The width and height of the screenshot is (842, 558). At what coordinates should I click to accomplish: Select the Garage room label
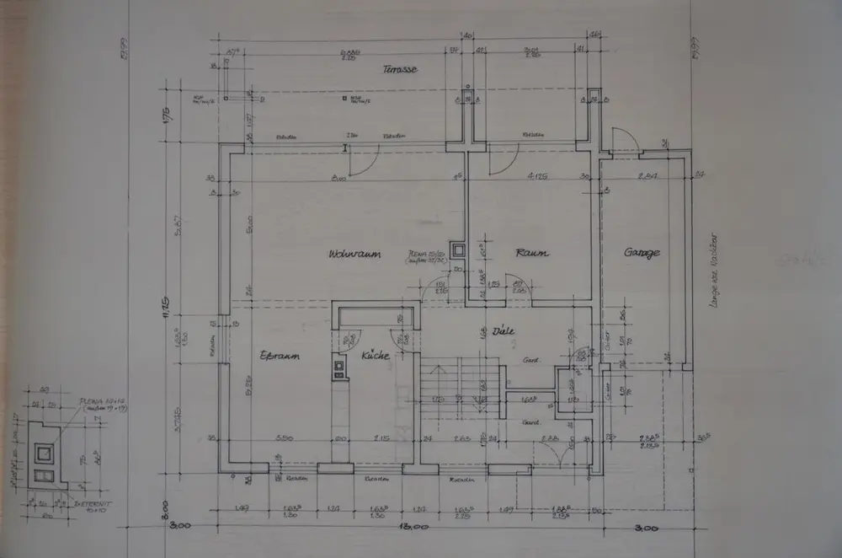click(642, 253)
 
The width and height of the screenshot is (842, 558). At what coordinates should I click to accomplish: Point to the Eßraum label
click(280, 356)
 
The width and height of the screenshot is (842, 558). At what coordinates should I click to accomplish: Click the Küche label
click(375, 357)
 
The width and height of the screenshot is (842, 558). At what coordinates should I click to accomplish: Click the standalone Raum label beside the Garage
click(531, 253)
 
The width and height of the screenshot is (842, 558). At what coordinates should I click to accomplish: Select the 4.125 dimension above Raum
click(539, 177)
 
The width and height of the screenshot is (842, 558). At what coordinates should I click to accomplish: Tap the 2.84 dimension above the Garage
click(648, 177)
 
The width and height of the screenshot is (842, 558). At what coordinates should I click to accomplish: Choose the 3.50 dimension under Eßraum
click(284, 439)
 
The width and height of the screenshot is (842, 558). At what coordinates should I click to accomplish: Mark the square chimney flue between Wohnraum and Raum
click(458, 249)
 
